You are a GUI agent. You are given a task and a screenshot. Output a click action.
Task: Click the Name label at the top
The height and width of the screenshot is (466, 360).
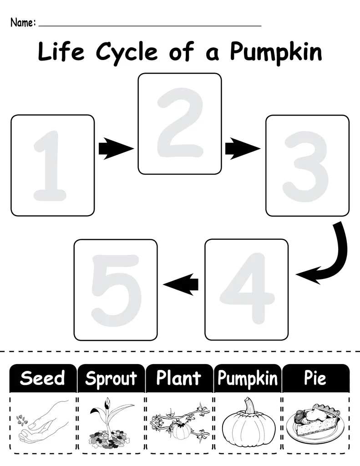click(22, 22)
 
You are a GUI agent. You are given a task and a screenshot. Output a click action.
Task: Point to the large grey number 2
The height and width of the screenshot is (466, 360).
click(179, 123)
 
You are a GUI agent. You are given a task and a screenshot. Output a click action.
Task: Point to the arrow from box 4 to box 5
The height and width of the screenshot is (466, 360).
click(181, 284)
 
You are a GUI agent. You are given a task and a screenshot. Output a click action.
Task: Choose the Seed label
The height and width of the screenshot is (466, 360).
click(43, 378)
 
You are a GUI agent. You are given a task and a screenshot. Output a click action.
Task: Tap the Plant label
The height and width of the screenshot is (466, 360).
click(179, 378)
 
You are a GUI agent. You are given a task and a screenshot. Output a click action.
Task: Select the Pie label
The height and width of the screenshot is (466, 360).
click(315, 378)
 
